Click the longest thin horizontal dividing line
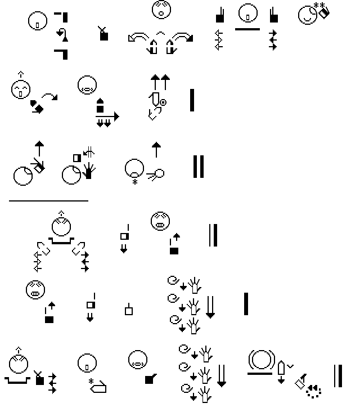coord(48,200)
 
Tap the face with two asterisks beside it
coord(307,14)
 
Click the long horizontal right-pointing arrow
coord(107,117)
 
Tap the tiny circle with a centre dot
coord(163,102)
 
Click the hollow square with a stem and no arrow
coord(129,309)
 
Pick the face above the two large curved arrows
coord(161,10)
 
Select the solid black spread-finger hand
coord(88,172)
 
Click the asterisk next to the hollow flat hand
coord(91,382)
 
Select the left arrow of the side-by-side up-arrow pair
coord(154,81)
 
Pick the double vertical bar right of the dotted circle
coord(338,376)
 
